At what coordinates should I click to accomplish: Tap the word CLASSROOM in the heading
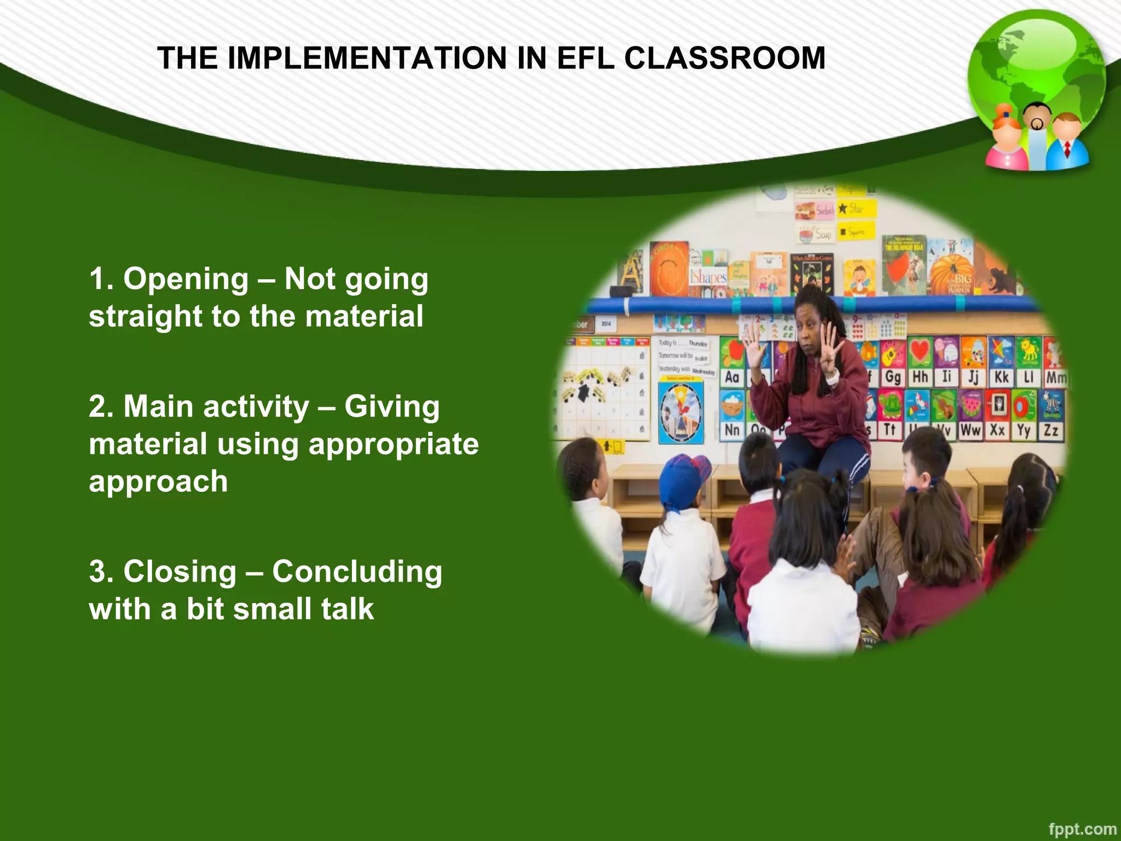point(724,58)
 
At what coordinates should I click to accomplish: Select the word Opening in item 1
point(186,279)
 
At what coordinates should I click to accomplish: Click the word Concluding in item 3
point(357,572)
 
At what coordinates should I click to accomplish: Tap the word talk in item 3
point(348,609)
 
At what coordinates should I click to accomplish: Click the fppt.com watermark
point(1082,829)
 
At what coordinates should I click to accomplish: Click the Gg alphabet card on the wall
point(893,377)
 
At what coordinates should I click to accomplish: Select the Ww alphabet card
point(970,430)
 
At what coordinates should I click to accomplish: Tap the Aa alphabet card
point(732,377)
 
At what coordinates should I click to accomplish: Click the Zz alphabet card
point(1051,430)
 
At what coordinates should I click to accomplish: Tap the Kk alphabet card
point(1001,377)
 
